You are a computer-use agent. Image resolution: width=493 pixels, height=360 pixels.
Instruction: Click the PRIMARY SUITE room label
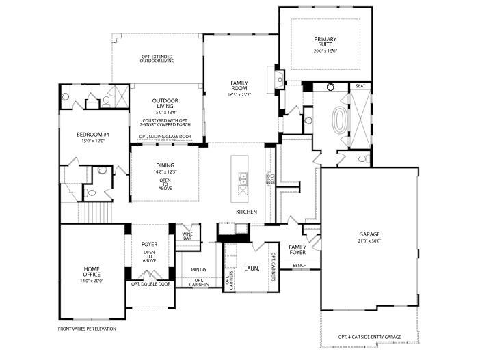click(x=325, y=42)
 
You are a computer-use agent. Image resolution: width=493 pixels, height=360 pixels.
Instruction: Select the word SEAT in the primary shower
click(x=360, y=86)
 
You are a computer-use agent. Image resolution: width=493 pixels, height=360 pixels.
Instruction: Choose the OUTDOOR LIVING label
click(x=165, y=102)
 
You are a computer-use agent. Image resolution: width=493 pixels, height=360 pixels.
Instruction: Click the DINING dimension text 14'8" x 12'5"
click(x=165, y=172)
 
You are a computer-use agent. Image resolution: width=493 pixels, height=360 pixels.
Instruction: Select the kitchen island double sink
click(x=242, y=180)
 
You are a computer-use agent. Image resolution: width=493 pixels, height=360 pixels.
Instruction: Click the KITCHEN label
click(x=246, y=212)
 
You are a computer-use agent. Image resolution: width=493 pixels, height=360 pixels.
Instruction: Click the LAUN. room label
click(x=252, y=269)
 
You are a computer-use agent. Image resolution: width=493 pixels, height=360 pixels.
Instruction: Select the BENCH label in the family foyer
click(x=299, y=265)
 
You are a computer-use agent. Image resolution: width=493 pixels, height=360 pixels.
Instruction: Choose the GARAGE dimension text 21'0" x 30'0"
click(x=369, y=241)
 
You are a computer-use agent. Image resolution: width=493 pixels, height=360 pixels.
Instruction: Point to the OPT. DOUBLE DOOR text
click(x=149, y=283)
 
